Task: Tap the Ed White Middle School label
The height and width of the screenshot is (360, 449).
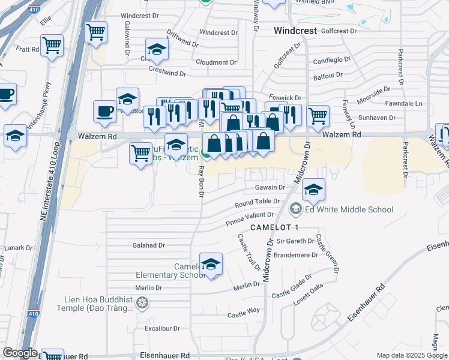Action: click(349, 209)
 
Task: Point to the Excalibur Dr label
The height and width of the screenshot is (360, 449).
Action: click(162, 329)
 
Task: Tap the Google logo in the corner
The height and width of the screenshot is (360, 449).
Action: click(20, 353)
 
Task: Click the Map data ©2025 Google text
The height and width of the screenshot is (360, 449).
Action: click(412, 355)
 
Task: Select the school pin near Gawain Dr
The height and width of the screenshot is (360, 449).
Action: click(313, 190)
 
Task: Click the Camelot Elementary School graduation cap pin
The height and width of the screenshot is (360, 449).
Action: click(211, 265)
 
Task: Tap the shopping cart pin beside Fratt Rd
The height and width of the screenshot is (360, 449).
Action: click(52, 45)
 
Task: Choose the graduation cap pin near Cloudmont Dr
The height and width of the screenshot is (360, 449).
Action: click(157, 50)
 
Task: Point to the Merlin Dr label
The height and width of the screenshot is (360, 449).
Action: click(149, 288)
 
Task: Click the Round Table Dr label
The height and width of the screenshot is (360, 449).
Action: click(258, 203)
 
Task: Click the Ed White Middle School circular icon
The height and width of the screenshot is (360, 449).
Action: click(295, 209)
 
